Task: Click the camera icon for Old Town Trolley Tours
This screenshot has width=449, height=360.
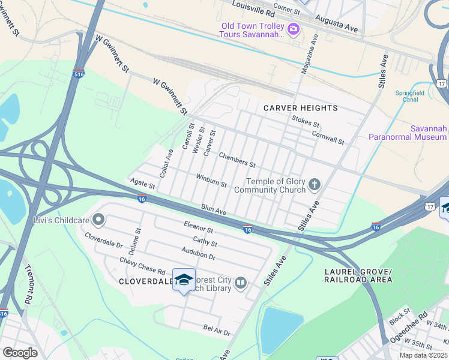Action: (x=294, y=29)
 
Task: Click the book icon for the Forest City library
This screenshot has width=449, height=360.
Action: (x=241, y=283)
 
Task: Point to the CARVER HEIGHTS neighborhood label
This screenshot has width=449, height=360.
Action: (x=301, y=108)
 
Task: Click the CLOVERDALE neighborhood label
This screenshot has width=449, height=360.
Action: (x=145, y=281)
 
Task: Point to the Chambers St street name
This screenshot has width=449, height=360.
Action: (x=237, y=160)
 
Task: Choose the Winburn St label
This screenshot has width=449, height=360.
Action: (x=211, y=180)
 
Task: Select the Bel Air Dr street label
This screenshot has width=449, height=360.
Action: (x=217, y=329)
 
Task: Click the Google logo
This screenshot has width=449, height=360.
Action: (x=20, y=353)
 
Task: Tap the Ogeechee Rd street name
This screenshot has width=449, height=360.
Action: (x=415, y=324)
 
